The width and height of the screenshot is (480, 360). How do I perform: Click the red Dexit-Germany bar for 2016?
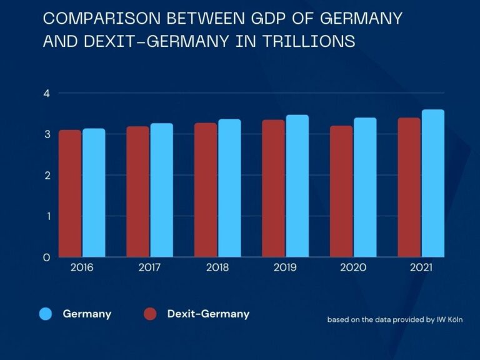tap(70, 194)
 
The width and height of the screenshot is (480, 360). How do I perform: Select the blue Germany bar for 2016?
tap(94, 193)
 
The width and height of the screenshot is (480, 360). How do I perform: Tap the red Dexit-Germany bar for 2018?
tap(206, 190)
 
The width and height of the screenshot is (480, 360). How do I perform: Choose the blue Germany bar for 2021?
tap(433, 184)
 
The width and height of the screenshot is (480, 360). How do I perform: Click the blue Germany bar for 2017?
tap(162, 190)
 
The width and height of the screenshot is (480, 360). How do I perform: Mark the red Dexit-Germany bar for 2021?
tap(409, 187)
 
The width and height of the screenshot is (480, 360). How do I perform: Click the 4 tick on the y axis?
tap(46, 93)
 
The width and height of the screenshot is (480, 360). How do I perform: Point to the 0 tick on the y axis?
tap(46, 257)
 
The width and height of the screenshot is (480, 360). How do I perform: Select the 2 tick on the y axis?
tap(46, 175)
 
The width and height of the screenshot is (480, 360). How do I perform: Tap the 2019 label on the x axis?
tap(285, 267)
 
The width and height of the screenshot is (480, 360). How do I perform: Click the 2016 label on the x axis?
tap(82, 267)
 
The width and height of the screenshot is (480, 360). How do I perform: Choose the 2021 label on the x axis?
tap(421, 267)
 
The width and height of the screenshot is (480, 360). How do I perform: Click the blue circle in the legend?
tap(46, 314)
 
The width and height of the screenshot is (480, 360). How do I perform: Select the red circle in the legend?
tap(150, 314)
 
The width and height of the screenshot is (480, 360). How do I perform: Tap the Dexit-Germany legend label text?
tap(208, 314)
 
